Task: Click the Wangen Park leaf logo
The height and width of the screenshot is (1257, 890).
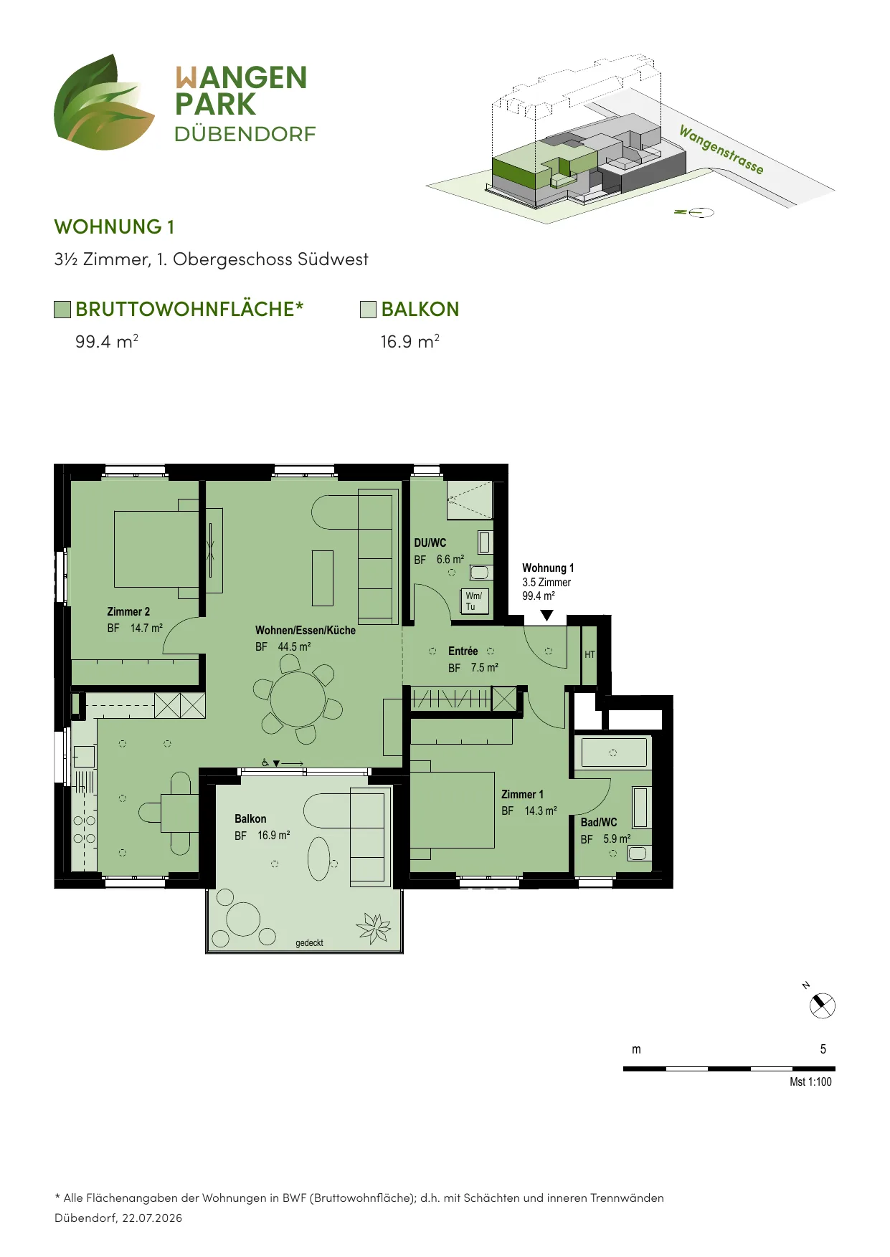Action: [x=104, y=102]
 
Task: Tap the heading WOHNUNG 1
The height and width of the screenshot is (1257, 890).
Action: [x=114, y=227]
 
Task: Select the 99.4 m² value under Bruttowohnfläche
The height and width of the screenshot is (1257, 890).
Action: [x=107, y=341]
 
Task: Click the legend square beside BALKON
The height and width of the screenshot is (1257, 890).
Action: [x=368, y=310]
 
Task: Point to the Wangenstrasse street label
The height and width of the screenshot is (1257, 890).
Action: [x=721, y=150]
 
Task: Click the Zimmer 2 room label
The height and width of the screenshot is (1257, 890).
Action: [x=128, y=611]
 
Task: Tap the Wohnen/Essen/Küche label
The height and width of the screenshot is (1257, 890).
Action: [x=306, y=631]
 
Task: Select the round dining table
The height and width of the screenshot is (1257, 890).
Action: [x=298, y=699]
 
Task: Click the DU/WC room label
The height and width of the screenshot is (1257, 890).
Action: [x=430, y=543]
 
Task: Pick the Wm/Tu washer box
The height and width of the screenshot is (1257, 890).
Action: [x=474, y=601]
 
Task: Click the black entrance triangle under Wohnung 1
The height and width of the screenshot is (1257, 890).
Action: [x=547, y=616]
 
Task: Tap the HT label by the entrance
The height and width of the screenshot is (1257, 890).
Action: [x=590, y=654]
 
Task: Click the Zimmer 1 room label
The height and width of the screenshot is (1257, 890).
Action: [x=522, y=794]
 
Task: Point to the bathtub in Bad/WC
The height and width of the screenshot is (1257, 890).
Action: [x=614, y=753]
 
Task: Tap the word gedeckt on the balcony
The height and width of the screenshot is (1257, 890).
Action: [x=309, y=943]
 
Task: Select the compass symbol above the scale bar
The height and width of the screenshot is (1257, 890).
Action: [x=822, y=1005]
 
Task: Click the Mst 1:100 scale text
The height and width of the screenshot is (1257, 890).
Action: [x=810, y=1082]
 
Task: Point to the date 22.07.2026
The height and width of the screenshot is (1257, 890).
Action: [x=152, y=1218]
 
